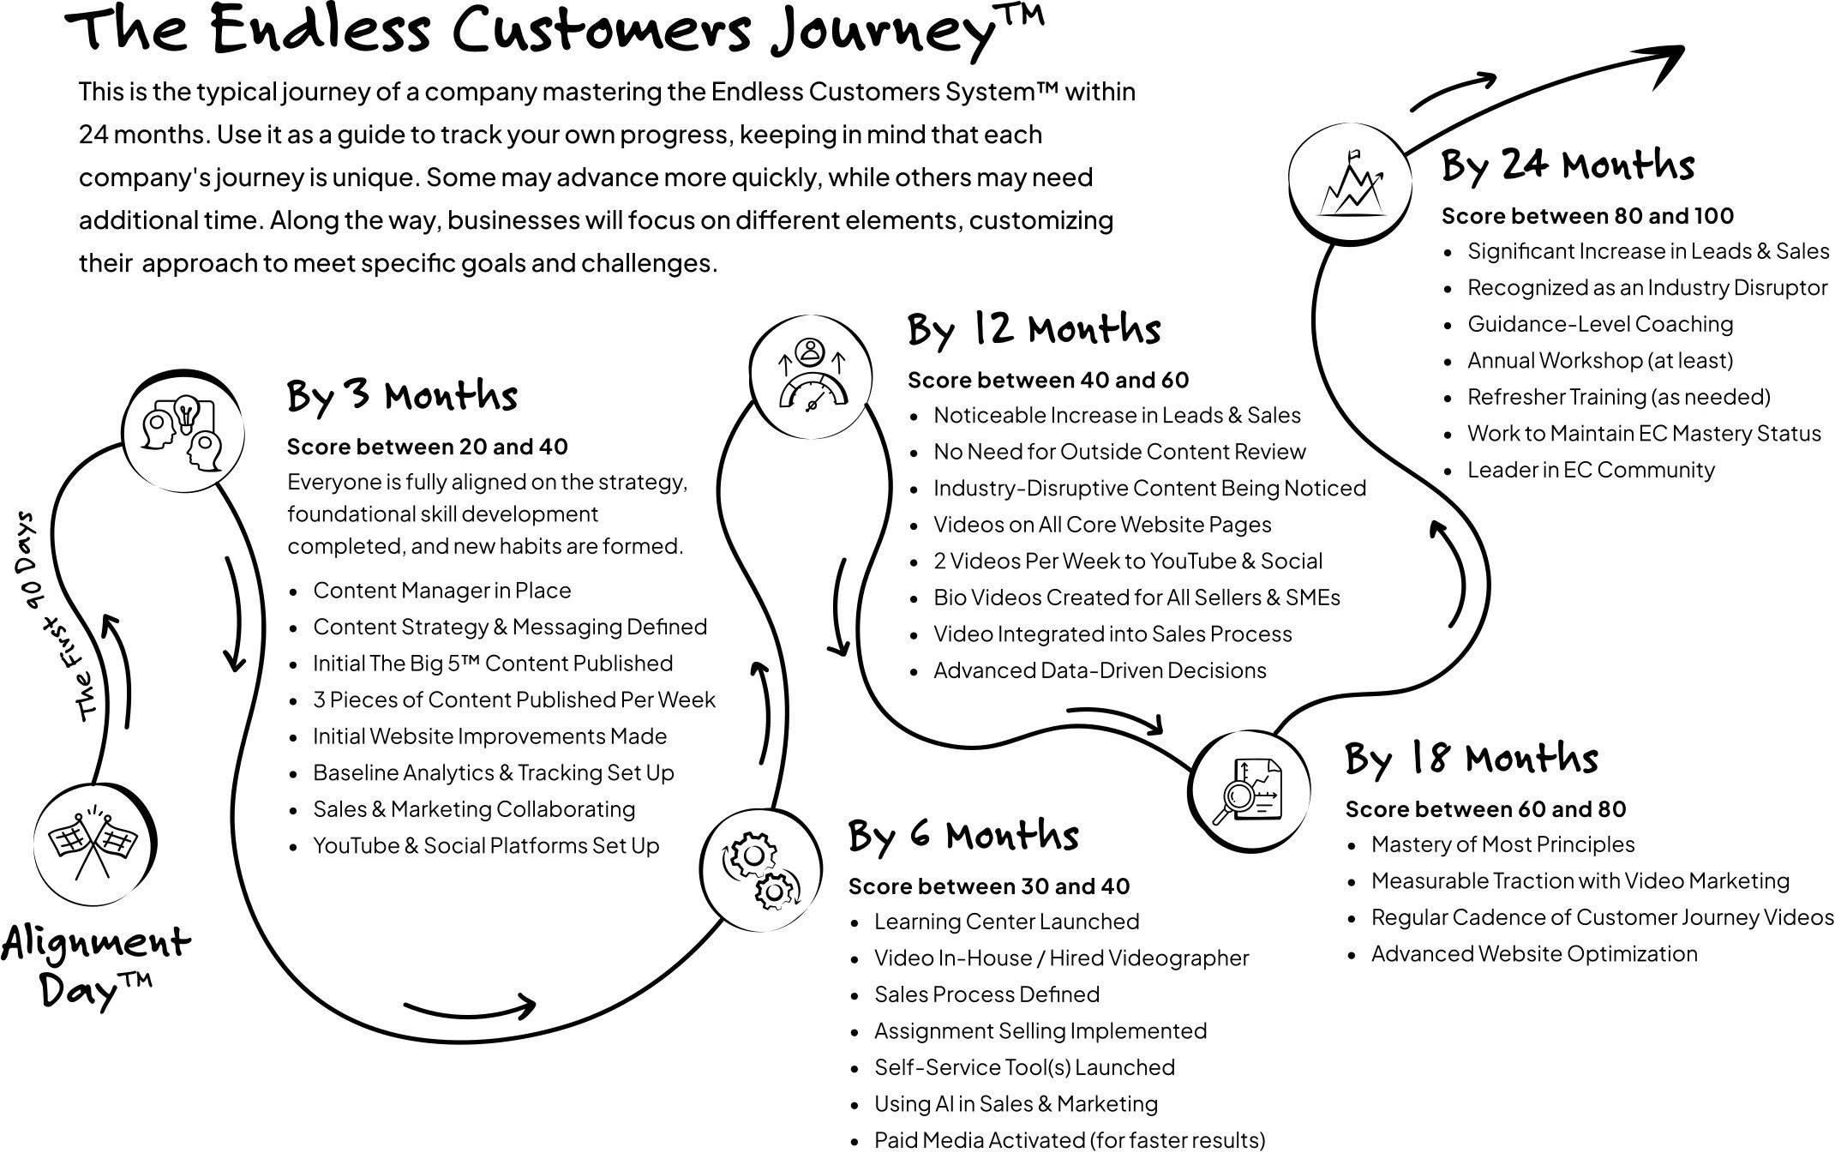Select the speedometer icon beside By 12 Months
(x=811, y=376)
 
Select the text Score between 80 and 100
(x=1587, y=216)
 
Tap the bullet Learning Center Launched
(x=1006, y=922)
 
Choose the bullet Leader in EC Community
(x=1590, y=470)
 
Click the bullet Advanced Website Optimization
(x=1533, y=953)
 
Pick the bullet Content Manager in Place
(x=441, y=590)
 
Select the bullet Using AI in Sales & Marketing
(x=1015, y=1103)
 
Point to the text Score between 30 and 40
(x=988, y=886)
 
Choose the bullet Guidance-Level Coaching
(x=1599, y=324)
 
